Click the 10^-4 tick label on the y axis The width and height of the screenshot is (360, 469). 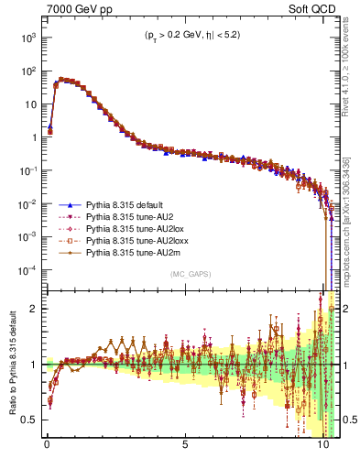tap(27, 269)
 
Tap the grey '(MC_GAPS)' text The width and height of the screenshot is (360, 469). tap(189, 274)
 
